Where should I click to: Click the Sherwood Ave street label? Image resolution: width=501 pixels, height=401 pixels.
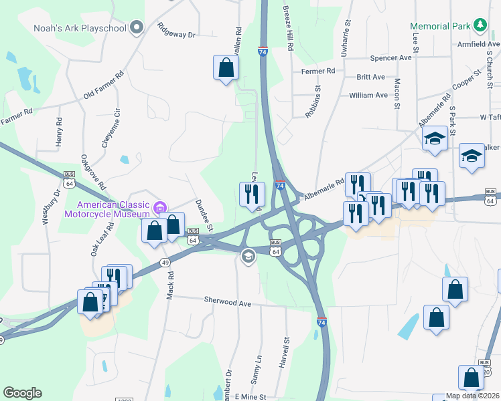[x=228, y=303]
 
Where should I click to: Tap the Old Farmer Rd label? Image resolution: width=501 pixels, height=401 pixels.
[x=103, y=87]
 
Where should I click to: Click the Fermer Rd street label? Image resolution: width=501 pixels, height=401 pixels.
[x=317, y=71]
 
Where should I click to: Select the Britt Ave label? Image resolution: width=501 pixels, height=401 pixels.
[x=370, y=78]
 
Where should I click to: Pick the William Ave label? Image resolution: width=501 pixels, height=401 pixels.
[x=368, y=96]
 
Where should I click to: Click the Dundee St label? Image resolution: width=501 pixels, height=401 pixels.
[x=203, y=215]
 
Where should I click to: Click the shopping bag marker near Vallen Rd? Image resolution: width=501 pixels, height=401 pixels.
[x=226, y=68]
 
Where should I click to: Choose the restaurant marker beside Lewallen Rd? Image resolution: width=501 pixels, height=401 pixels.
[x=253, y=194]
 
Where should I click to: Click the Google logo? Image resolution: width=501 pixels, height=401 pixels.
[x=22, y=393]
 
